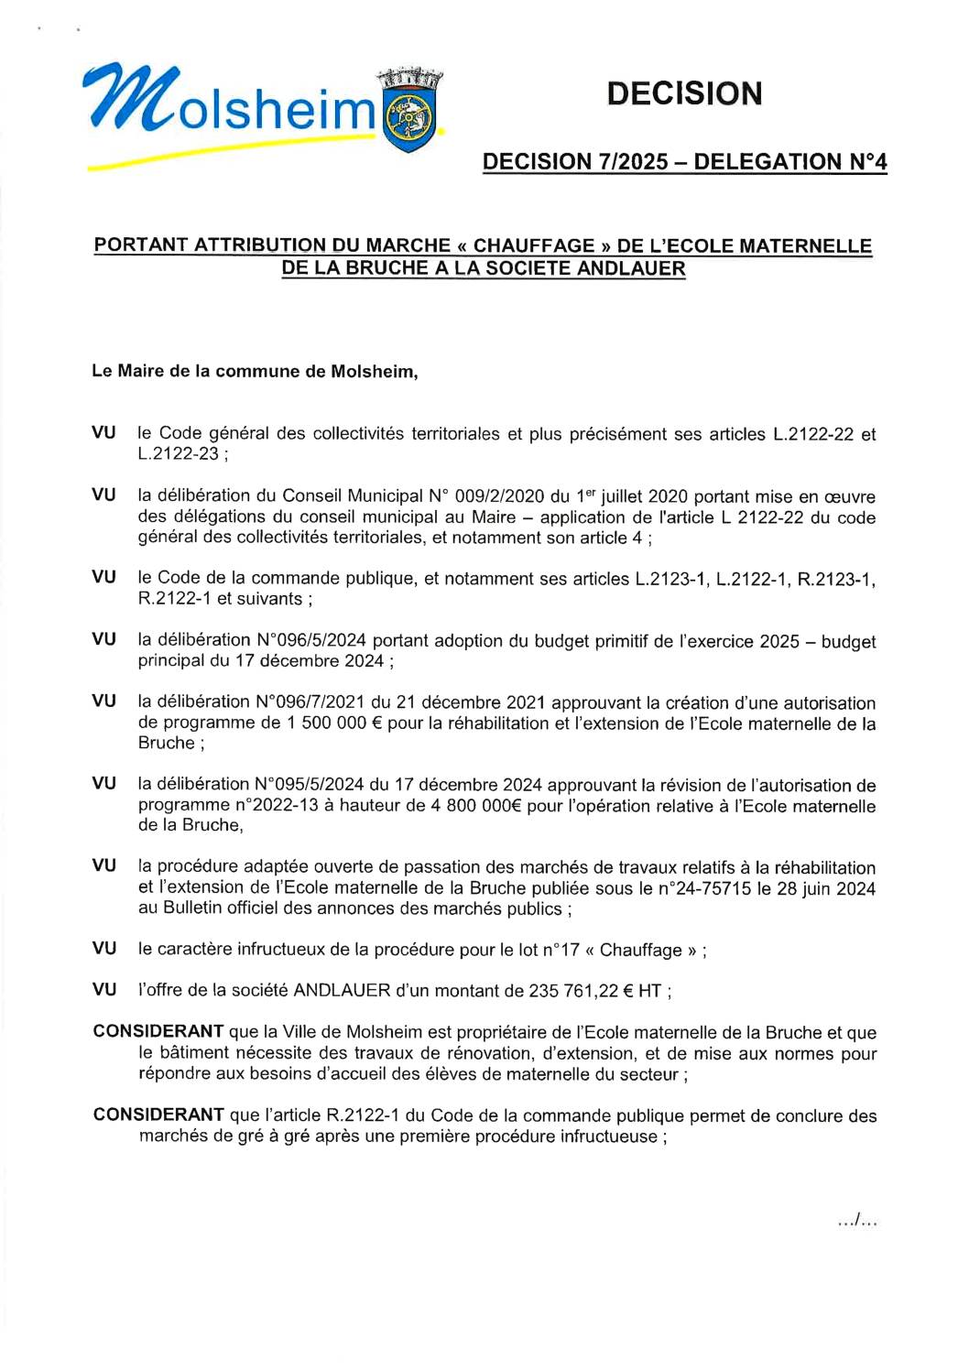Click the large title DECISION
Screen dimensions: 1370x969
683,93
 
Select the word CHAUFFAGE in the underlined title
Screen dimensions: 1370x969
534,245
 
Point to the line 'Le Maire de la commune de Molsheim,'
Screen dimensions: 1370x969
255,371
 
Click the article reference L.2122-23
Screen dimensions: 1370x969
179,454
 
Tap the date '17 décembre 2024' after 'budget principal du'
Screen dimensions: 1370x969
310,661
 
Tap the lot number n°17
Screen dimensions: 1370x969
560,950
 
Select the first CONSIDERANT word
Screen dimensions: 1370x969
158,1032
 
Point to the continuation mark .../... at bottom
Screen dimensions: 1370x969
857,1220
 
